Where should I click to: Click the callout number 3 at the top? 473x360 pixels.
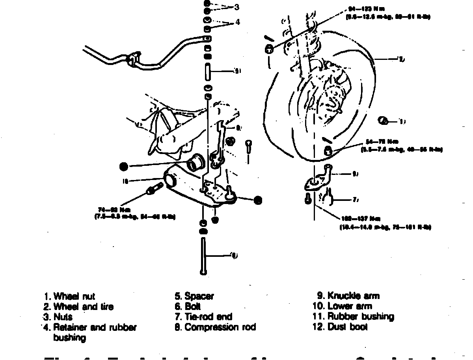pos(236,7)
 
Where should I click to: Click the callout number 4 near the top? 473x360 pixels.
pos(237,22)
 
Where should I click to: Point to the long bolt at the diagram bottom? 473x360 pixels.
pos(203,256)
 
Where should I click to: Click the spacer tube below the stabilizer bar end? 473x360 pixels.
pos(207,71)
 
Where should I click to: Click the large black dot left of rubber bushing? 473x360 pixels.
pos(124,167)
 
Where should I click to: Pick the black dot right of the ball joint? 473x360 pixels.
pos(257,200)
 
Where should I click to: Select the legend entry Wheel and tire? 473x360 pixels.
pos(83,306)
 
